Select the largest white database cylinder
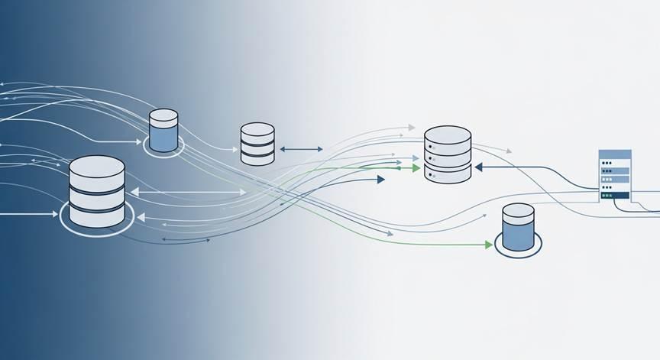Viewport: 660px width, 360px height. [x=96, y=192]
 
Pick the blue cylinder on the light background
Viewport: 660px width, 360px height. [x=519, y=229]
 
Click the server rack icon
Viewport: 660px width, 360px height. [x=613, y=176]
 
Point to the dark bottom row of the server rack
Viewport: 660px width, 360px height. [x=614, y=196]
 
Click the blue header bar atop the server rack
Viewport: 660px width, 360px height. [x=614, y=154]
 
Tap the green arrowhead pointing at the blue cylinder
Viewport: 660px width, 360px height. [x=489, y=245]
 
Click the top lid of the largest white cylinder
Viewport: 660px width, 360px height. [x=96, y=166]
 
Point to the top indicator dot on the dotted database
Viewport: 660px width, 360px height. [x=432, y=146]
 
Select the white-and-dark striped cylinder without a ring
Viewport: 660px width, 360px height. [x=257, y=143]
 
